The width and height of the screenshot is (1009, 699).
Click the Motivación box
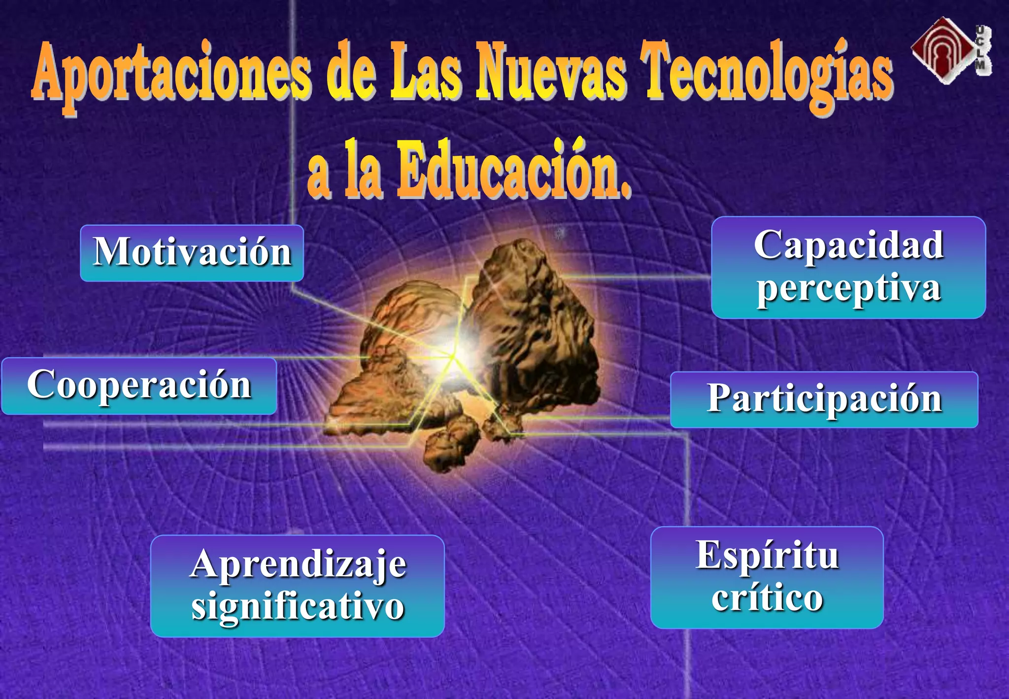(192, 253)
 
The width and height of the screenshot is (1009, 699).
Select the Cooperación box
(139, 386)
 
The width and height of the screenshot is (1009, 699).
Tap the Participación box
(824, 399)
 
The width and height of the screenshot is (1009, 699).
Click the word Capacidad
(848, 245)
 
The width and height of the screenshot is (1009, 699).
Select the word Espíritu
(767, 556)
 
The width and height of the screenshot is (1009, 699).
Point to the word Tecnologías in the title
(769, 74)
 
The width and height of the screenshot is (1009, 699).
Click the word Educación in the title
(512, 170)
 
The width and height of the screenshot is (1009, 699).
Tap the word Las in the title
(426, 71)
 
